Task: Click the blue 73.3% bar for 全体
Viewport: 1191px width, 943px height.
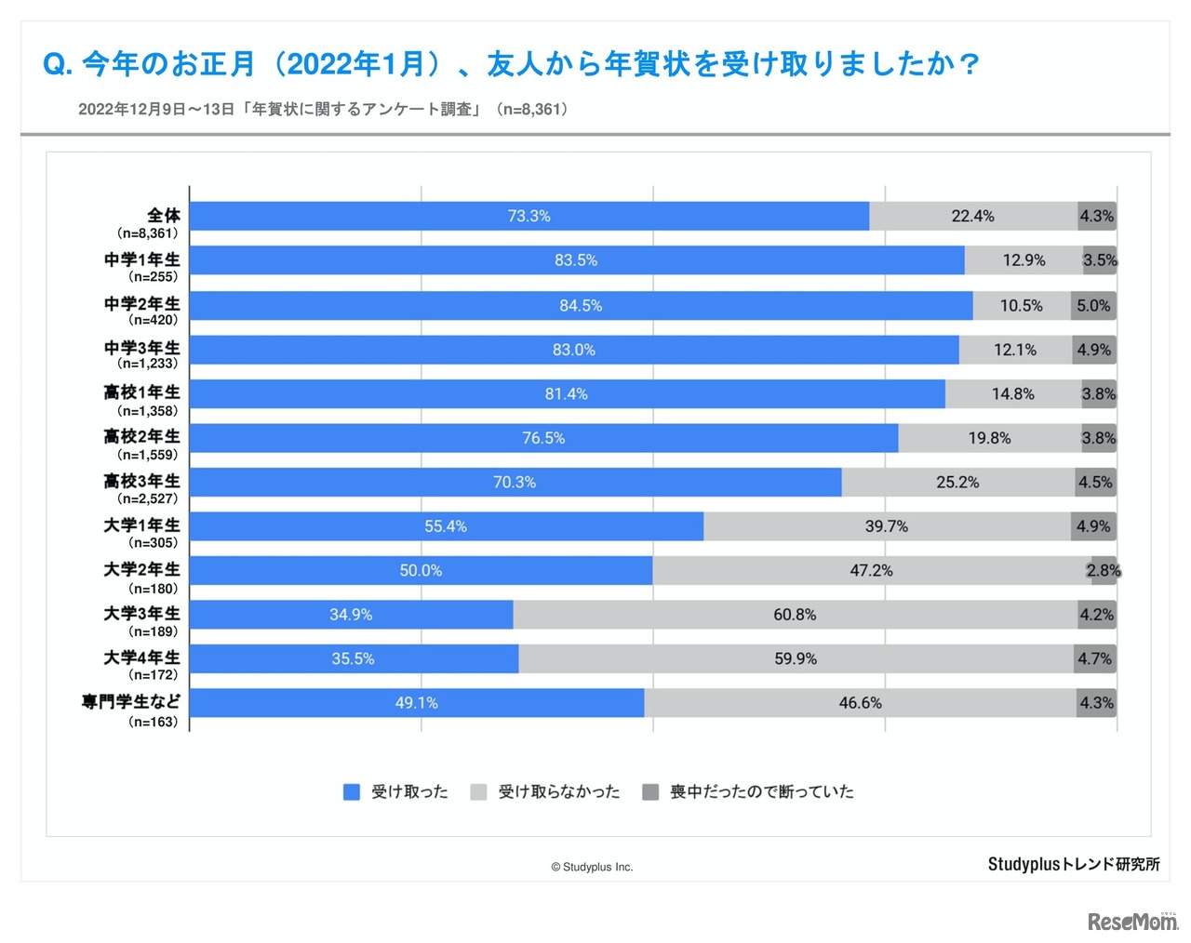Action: [x=529, y=216]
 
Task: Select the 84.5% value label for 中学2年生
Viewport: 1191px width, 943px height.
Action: [x=581, y=305]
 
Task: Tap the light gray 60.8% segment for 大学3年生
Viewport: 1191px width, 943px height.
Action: [x=795, y=615]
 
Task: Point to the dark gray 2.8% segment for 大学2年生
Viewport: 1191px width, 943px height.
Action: [x=1104, y=570]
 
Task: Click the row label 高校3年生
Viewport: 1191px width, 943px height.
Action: [x=141, y=481]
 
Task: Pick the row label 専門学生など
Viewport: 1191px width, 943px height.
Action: [x=131, y=701]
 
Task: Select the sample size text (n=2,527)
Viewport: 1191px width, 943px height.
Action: [x=147, y=499]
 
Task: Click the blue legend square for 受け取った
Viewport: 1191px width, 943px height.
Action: [x=352, y=791]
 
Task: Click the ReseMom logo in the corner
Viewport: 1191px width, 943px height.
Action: [x=1131, y=921]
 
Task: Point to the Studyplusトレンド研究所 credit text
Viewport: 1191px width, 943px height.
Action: [x=1074, y=864]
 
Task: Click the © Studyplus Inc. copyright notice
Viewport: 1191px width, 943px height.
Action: [x=592, y=867]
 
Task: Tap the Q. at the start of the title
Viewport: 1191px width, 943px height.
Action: [x=58, y=64]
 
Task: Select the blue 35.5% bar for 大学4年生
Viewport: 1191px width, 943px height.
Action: [x=354, y=658]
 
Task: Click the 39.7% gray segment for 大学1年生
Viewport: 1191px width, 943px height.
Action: [x=887, y=526]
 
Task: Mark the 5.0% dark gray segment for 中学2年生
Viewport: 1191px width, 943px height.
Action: [x=1093, y=305]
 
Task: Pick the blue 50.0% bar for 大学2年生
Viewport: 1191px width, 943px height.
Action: [x=421, y=570]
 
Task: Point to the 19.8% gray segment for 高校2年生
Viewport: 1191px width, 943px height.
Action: [x=989, y=438]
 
